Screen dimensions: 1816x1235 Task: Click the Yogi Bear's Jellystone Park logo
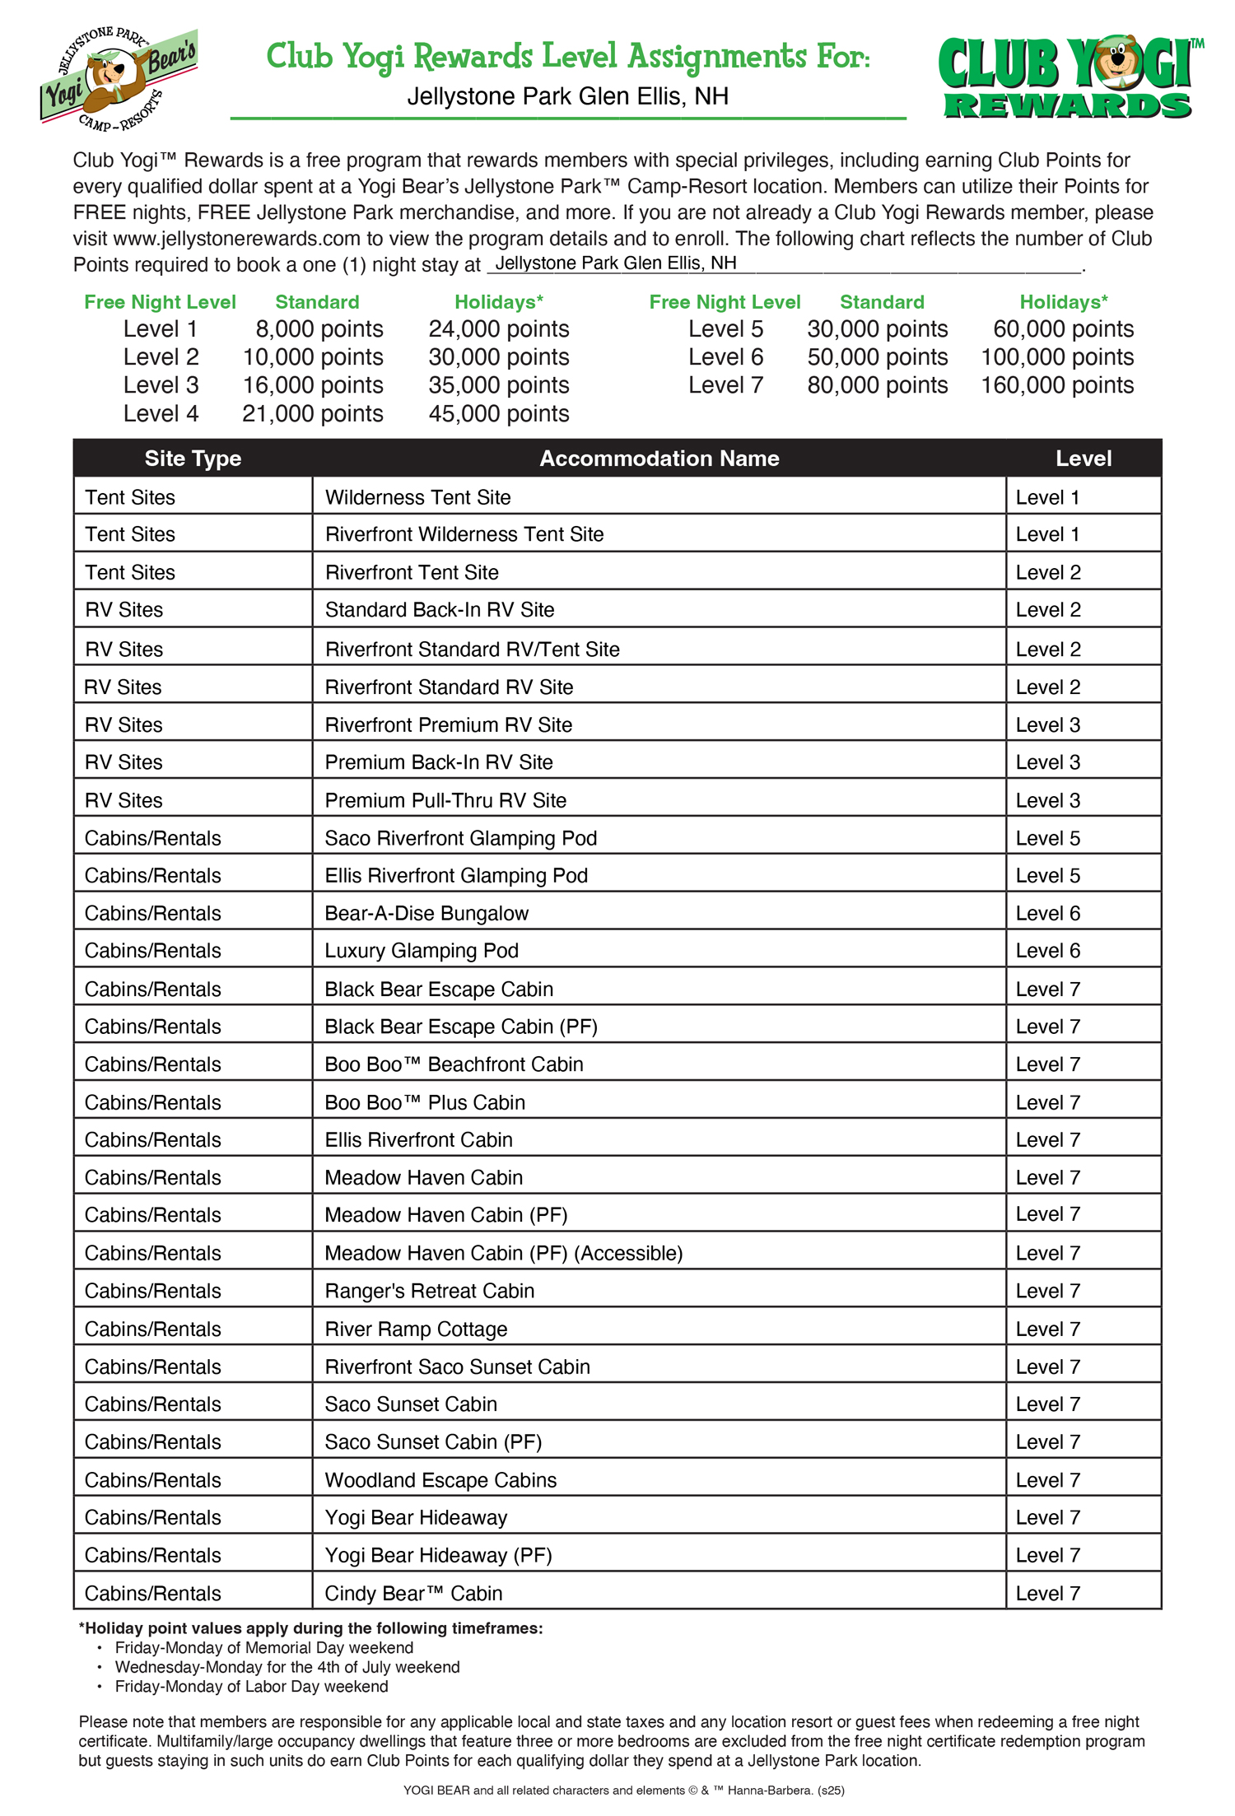pos(119,79)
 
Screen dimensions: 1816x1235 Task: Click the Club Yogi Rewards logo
pos(1069,79)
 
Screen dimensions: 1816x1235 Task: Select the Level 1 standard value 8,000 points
pos(319,329)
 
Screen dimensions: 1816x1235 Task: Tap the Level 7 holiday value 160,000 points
pos(1056,385)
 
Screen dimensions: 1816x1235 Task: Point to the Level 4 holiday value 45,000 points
pos(498,413)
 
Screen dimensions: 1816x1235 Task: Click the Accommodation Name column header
pos(659,459)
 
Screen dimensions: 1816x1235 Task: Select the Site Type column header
pos(193,459)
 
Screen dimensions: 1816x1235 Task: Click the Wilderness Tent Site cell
pos(417,497)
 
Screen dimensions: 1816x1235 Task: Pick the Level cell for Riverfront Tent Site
pos(1047,572)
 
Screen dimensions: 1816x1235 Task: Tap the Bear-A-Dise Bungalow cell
pos(426,913)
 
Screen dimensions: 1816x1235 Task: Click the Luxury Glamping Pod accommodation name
pos(422,951)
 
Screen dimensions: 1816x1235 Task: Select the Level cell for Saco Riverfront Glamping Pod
pos(1047,838)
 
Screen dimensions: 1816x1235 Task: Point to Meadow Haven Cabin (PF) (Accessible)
pos(503,1253)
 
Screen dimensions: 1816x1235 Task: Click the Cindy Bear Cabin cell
pos(413,1593)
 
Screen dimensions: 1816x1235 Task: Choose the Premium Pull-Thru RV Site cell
pos(445,800)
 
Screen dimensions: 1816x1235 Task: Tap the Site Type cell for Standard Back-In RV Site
pos(124,610)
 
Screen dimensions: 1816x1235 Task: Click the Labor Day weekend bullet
pos(251,1687)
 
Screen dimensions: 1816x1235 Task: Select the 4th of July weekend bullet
pos(287,1667)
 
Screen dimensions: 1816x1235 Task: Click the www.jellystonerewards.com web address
pos(237,239)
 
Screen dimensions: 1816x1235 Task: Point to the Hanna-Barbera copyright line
pos(623,1790)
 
